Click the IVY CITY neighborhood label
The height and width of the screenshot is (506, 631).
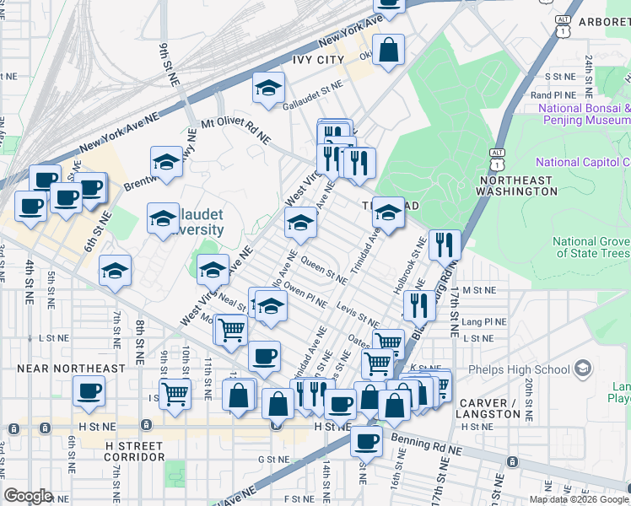tap(318, 59)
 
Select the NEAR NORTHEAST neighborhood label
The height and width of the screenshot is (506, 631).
tap(71, 369)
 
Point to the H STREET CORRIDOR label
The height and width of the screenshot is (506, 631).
tap(135, 450)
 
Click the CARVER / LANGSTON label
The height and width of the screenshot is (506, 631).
tap(489, 408)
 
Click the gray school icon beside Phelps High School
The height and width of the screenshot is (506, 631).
tap(583, 369)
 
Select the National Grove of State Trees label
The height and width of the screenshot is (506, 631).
tap(591, 247)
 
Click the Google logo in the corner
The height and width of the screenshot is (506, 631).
tap(29, 495)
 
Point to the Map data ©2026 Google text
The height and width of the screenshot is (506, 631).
tap(579, 499)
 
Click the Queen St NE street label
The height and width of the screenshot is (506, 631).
tap(324, 271)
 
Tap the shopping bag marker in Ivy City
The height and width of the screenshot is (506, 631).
tap(388, 51)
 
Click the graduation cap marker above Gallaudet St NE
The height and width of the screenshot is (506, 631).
tap(268, 89)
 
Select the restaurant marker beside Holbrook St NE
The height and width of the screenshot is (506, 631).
tap(445, 245)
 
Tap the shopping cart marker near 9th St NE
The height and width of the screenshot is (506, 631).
tap(175, 392)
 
